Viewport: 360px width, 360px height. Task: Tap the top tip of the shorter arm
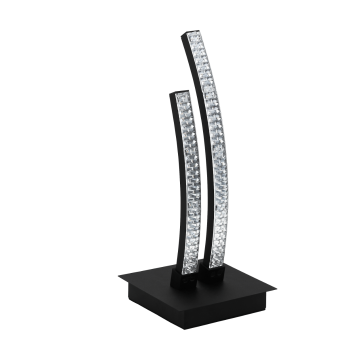click(178, 93)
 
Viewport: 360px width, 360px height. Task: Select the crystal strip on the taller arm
click(206, 150)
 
